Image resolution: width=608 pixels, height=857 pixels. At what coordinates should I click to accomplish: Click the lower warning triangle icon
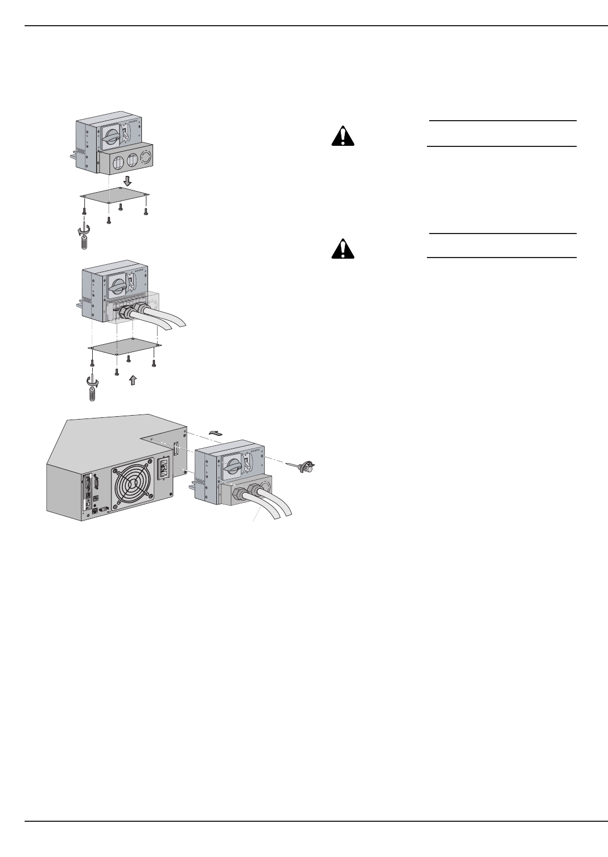343,249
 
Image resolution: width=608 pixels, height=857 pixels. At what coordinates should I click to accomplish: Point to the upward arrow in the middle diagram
132,380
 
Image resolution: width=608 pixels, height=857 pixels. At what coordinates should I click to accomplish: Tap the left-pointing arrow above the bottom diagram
215,431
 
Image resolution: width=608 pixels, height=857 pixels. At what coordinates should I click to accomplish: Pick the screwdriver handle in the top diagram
84,244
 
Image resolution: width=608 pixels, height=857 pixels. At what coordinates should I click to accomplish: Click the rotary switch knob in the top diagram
112,135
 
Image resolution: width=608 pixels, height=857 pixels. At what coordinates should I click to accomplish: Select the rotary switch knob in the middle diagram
118,286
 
